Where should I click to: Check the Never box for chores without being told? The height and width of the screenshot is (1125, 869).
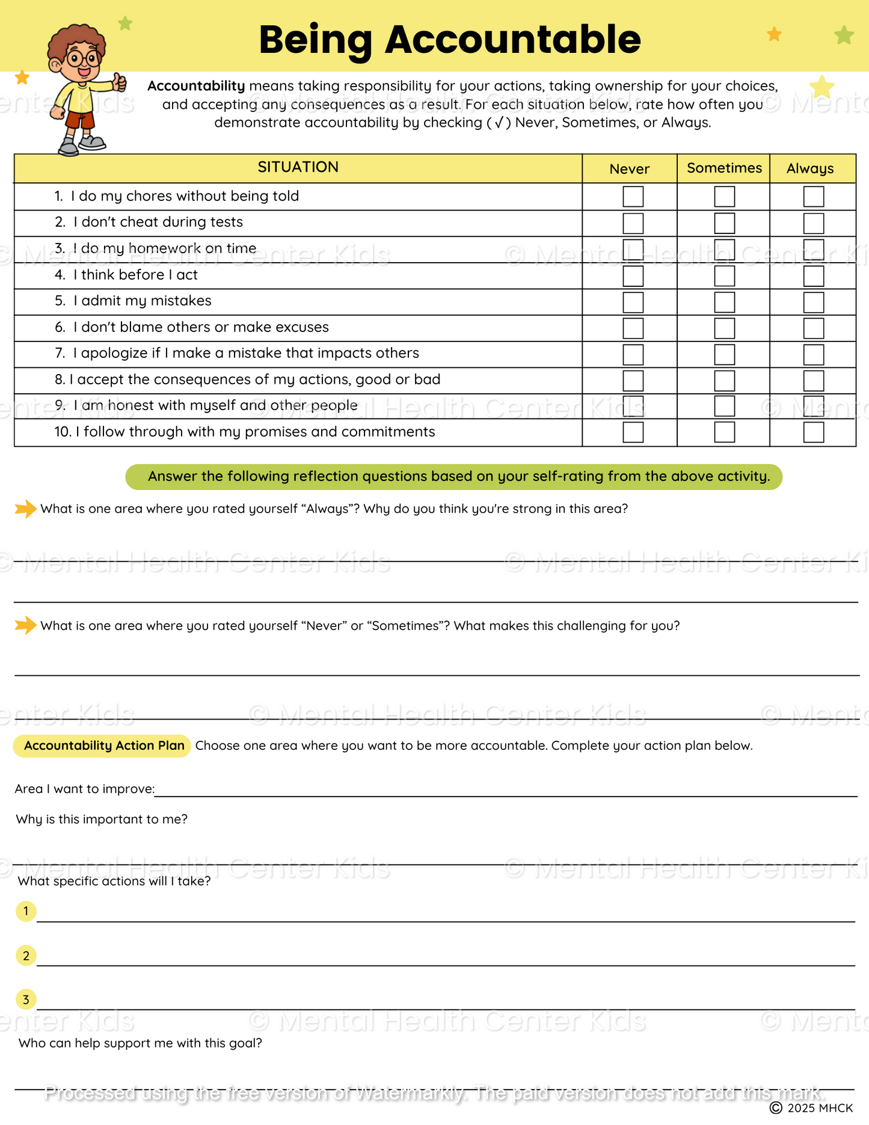633,197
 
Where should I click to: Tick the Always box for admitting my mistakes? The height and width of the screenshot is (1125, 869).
813,302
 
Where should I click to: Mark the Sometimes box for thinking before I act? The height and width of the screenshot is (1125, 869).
724,276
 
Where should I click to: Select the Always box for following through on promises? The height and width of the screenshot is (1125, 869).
813,432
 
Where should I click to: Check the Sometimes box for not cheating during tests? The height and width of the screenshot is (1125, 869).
724,223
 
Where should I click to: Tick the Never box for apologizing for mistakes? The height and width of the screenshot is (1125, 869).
633,354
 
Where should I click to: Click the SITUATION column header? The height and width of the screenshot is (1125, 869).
298,167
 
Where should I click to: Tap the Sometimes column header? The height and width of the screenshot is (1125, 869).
724,168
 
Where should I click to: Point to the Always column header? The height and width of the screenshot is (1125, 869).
810,168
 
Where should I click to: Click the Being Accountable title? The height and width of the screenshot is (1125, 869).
450,40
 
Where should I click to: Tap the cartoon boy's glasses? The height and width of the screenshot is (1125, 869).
84,59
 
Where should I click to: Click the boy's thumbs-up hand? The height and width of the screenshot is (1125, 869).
119,82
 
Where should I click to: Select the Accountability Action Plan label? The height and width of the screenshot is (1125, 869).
103,746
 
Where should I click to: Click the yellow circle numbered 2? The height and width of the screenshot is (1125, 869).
26,955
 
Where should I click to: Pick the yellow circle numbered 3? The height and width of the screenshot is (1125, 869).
26,999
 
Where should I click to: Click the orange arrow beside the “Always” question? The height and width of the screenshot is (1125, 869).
25,509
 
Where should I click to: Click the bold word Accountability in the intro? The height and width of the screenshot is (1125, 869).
196,86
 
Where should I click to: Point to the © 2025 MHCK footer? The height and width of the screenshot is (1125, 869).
811,1108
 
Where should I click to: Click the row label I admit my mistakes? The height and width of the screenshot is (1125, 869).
142,301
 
